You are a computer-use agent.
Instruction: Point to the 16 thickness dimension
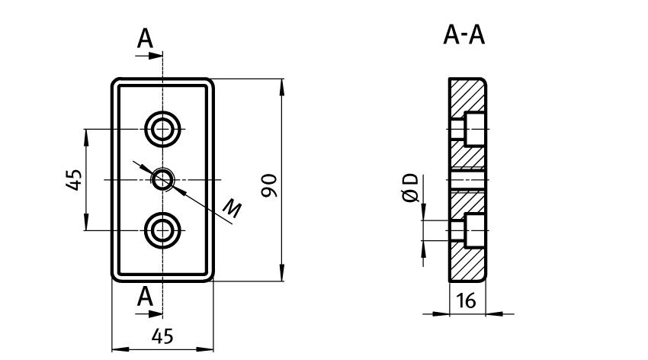[466, 302]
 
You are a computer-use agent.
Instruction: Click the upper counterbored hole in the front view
[162, 128]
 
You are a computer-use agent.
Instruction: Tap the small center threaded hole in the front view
[162, 179]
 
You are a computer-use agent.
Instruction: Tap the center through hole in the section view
[467, 180]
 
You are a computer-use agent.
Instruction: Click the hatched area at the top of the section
[467, 95]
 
